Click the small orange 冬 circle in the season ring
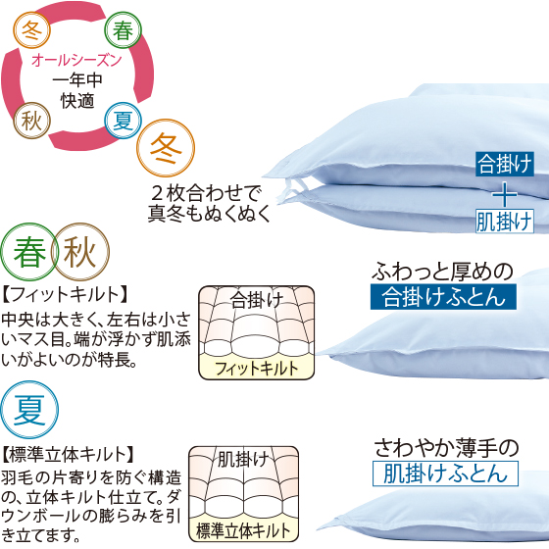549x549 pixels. [x=31, y=29]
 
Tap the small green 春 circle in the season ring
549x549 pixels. [x=123, y=29]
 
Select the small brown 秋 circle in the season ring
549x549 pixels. [x=31, y=121]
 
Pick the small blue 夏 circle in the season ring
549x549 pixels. [x=123, y=121]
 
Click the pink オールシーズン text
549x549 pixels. [x=76, y=61]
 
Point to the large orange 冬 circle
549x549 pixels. [x=166, y=148]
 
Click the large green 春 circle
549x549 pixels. [x=29, y=252]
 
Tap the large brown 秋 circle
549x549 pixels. [x=80, y=252]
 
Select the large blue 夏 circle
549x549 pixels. [x=29, y=410]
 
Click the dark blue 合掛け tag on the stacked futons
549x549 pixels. [x=505, y=164]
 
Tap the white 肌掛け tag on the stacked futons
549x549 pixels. [x=505, y=222]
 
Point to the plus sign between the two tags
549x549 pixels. [x=505, y=194]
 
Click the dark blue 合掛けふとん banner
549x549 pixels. [x=443, y=297]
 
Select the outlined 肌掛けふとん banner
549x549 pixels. [x=445, y=474]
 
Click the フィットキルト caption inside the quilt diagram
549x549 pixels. [x=256, y=369]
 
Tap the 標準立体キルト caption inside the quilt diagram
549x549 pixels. [x=243, y=530]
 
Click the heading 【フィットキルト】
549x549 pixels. [x=66, y=294]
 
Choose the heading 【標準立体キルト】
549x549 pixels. [x=69, y=455]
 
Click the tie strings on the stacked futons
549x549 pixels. [x=289, y=185]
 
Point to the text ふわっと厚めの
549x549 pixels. [x=442, y=272]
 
